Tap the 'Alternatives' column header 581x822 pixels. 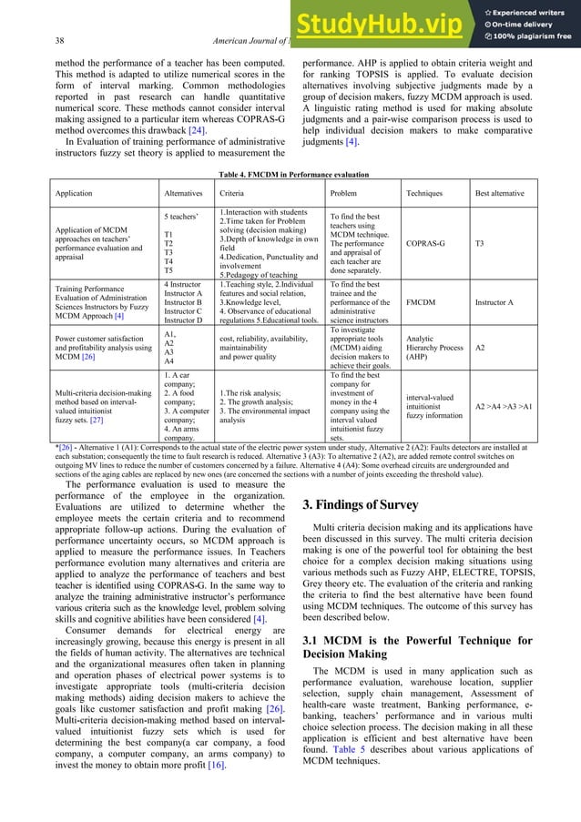click(183, 194)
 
